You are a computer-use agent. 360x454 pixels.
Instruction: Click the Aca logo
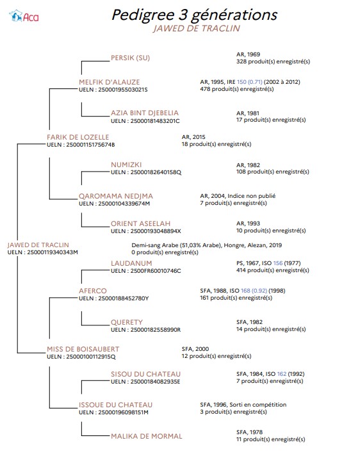coord(24,16)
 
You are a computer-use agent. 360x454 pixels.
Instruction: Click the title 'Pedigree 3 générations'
coord(194,15)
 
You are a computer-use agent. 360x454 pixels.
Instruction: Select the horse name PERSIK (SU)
coord(130,58)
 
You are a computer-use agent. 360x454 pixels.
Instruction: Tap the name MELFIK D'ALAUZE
coord(109,82)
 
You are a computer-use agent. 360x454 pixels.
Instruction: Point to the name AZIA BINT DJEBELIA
coord(145,113)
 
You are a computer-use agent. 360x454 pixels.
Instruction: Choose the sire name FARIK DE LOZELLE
coord(78,137)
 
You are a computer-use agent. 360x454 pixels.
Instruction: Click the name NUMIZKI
coord(126,165)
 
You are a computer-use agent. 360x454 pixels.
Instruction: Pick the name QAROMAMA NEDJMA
coord(116,196)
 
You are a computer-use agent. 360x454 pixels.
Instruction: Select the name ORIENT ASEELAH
coord(140,223)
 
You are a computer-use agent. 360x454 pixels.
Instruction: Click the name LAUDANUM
coord(131,263)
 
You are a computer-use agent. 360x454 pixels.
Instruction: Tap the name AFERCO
coord(93,291)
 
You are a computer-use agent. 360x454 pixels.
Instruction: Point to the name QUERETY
coord(127,322)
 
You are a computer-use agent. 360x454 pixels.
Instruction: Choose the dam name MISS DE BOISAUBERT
coord(83,349)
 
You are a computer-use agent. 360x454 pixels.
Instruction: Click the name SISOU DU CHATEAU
coord(145,374)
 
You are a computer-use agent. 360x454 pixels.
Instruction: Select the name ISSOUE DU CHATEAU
coord(115,405)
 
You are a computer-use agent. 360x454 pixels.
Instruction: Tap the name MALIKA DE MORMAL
coord(147,436)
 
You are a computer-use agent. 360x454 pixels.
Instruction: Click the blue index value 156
coord(278,263)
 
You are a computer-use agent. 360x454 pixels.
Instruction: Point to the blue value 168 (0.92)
coord(254,291)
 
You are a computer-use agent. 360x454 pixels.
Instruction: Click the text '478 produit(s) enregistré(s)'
coord(236,89)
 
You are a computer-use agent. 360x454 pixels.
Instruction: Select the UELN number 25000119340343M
coord(53,252)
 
